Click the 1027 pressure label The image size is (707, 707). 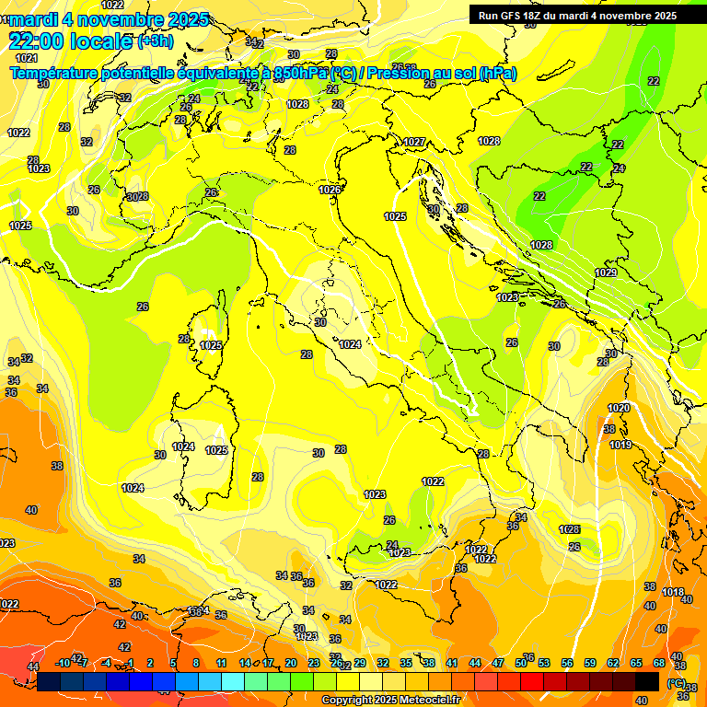tap(414, 142)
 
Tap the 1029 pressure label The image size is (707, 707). tap(606, 272)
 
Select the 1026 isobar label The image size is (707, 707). tap(330, 190)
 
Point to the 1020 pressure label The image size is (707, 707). tap(619, 408)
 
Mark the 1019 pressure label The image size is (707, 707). tap(620, 446)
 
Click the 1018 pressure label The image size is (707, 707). tap(673, 592)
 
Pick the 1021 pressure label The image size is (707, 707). tap(27, 58)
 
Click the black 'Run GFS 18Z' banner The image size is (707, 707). tap(577, 16)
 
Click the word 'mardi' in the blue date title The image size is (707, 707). tap(33, 18)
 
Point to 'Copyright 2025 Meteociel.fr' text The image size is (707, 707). tap(390, 700)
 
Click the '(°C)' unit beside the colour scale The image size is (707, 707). tap(676, 682)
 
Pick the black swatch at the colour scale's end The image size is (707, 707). tap(648, 680)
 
